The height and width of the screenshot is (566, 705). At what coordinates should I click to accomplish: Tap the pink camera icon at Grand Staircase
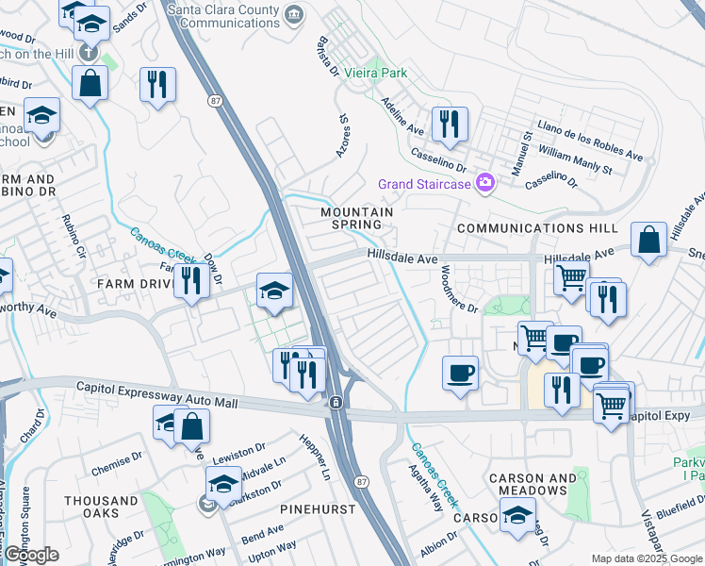click(485, 183)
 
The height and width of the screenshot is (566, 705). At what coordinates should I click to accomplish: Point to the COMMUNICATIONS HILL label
click(537, 228)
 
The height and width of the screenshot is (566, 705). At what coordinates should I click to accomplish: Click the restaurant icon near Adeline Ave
click(450, 123)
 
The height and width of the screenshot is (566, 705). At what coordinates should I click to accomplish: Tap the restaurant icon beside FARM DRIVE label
click(192, 280)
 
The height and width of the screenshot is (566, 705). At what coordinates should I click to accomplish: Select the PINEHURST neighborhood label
click(318, 509)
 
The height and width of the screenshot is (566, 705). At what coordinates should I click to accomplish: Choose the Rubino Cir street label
click(73, 238)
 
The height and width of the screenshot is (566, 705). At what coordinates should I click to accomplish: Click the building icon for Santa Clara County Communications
click(294, 14)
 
